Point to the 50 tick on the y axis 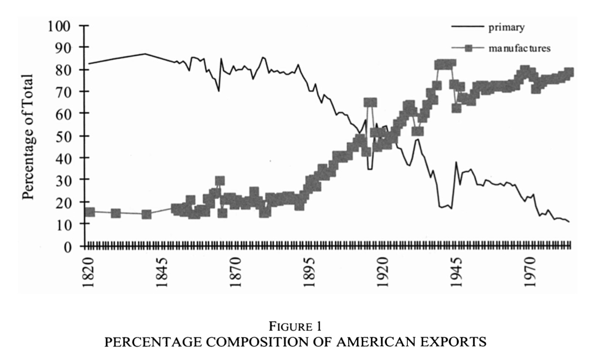[x=64, y=136]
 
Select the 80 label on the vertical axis [x=64, y=70]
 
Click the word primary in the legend [x=505, y=27]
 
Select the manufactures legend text [x=519, y=48]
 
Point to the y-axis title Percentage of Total [x=28, y=136]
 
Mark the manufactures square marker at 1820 [x=89, y=212]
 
